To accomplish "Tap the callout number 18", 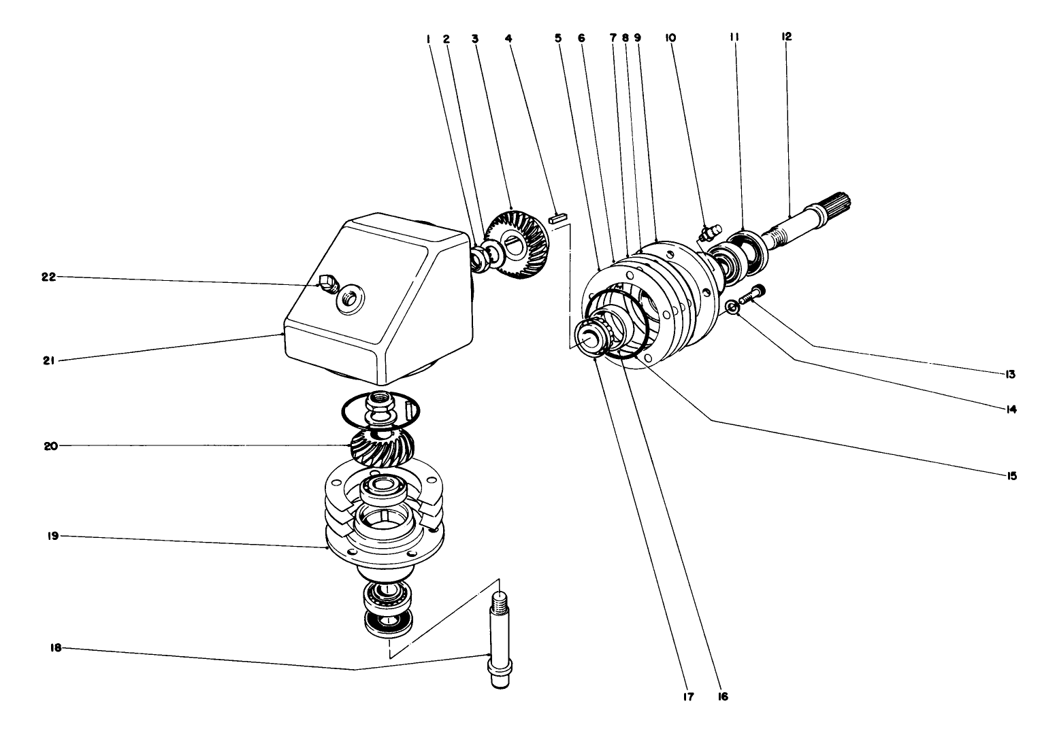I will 56,648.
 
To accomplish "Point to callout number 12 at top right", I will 787,37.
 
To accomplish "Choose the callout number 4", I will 508,38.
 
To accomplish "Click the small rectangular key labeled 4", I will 557,219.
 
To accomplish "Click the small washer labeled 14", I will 732,307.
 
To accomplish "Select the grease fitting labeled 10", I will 708,234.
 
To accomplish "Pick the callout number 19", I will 54,536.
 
